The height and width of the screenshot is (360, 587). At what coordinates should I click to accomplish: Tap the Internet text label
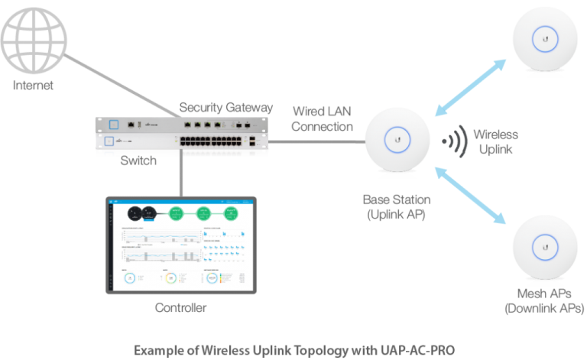click(34, 86)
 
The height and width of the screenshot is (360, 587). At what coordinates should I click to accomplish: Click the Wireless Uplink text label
click(495, 142)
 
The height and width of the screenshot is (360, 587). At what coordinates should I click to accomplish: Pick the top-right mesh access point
click(545, 39)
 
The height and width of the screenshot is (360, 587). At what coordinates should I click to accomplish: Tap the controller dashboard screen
click(181, 242)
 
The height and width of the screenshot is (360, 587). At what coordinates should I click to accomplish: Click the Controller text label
click(180, 309)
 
